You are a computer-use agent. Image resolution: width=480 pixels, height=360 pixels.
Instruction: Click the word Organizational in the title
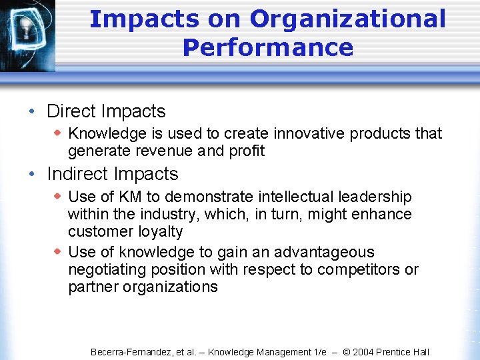click(x=347, y=19)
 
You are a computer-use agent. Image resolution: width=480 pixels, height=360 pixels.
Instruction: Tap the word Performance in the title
click(x=267, y=48)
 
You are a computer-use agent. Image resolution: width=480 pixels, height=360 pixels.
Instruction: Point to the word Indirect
click(x=78, y=174)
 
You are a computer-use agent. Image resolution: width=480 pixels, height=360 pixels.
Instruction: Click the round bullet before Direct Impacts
click(x=32, y=111)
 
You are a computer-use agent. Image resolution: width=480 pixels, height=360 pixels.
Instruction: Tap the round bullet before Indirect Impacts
click(x=32, y=174)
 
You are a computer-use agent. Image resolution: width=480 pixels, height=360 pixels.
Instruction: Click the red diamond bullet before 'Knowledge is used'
click(x=58, y=133)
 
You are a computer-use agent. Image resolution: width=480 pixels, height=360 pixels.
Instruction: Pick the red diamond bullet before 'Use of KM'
click(x=58, y=196)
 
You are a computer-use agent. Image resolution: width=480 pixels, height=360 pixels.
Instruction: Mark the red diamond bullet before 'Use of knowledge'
click(x=58, y=251)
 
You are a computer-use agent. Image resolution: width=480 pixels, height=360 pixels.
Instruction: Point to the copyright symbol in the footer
click(x=346, y=352)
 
